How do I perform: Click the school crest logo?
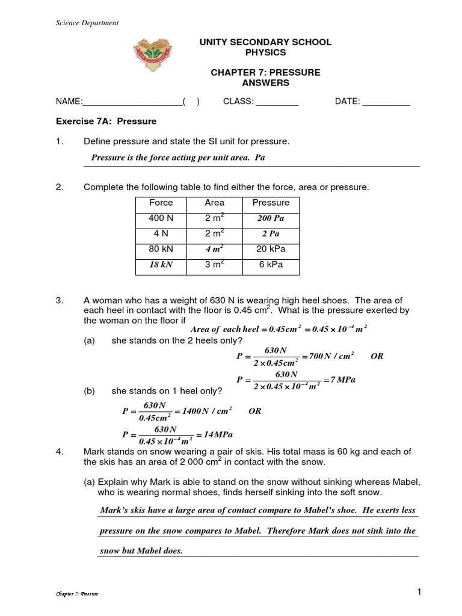[152, 60]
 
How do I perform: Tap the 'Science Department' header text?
[87, 23]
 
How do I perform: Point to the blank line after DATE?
[386, 102]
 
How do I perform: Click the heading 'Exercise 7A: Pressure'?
[106, 122]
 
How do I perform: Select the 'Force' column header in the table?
[161, 203]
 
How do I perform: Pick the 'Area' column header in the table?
[214, 203]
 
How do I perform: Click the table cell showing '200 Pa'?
[271, 219]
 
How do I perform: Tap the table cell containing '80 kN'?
[161, 249]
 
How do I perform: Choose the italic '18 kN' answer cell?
[161, 265]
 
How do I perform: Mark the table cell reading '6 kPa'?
[271, 265]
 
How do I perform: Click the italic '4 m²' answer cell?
[214, 249]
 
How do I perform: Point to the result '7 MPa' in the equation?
[339, 380]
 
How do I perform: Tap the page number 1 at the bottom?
[419, 593]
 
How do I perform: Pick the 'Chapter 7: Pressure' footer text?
[76, 594]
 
